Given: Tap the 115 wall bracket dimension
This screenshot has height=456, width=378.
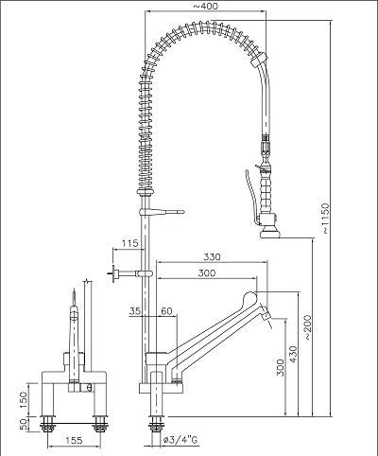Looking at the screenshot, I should pyautogui.click(x=130, y=245).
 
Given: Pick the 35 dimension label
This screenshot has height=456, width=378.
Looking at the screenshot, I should pyautogui.click(x=135, y=310).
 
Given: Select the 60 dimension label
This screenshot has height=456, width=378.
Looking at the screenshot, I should pyautogui.click(x=166, y=310).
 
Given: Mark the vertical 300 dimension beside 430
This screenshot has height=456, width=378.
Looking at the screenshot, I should pyautogui.click(x=279, y=367).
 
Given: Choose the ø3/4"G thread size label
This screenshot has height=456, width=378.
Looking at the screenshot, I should pyautogui.click(x=180, y=440).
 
